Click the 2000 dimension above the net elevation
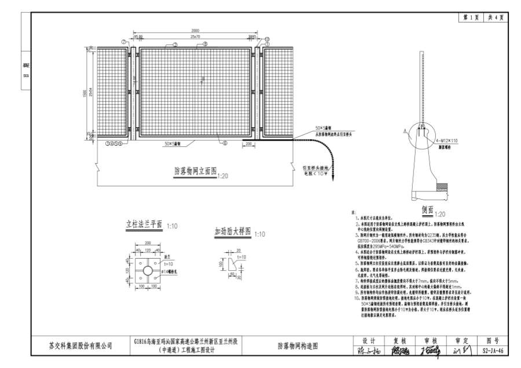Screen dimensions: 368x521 (x=195, y=30)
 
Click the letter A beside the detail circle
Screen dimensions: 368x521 (x=412, y=128)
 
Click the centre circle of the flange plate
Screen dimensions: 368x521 (x=148, y=270)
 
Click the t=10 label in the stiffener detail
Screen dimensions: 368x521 (x=241, y=255)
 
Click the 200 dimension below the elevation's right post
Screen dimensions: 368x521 (x=248, y=143)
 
